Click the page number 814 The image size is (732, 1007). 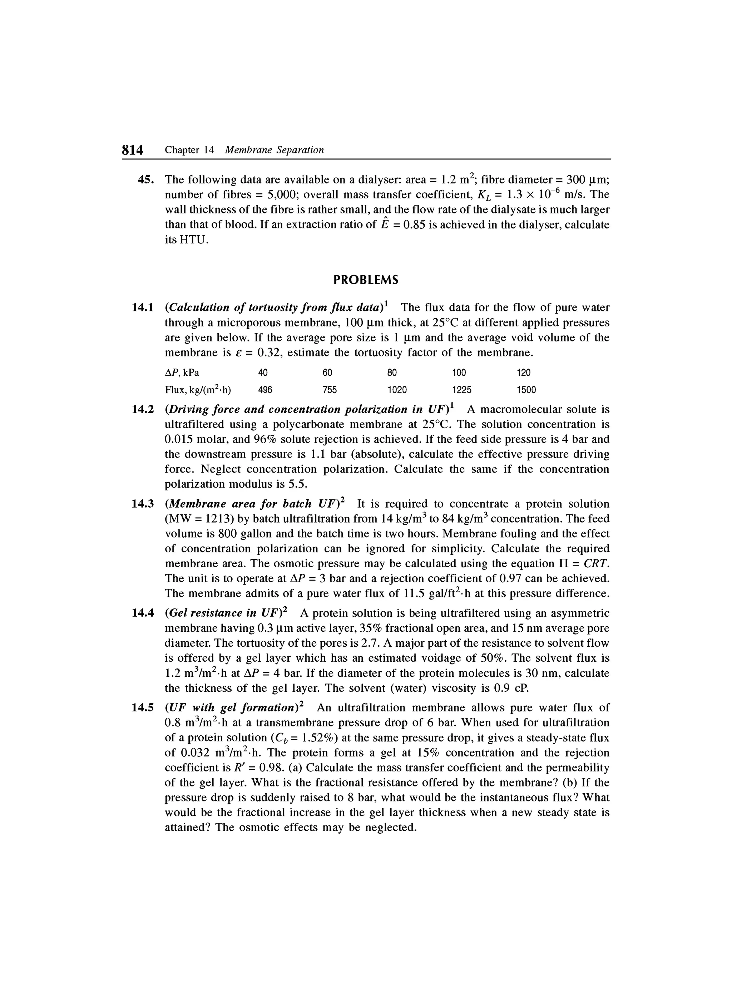click(133, 150)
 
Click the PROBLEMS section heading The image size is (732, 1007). click(366, 280)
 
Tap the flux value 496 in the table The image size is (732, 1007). click(265, 390)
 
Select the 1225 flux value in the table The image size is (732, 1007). click(462, 390)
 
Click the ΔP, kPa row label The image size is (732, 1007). click(182, 372)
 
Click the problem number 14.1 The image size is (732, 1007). click(143, 307)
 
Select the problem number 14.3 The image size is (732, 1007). click(143, 504)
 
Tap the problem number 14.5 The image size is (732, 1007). click(143, 708)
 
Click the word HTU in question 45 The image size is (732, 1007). click(186, 240)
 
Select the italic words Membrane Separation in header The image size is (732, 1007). click(274, 150)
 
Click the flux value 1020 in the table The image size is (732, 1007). click(397, 390)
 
